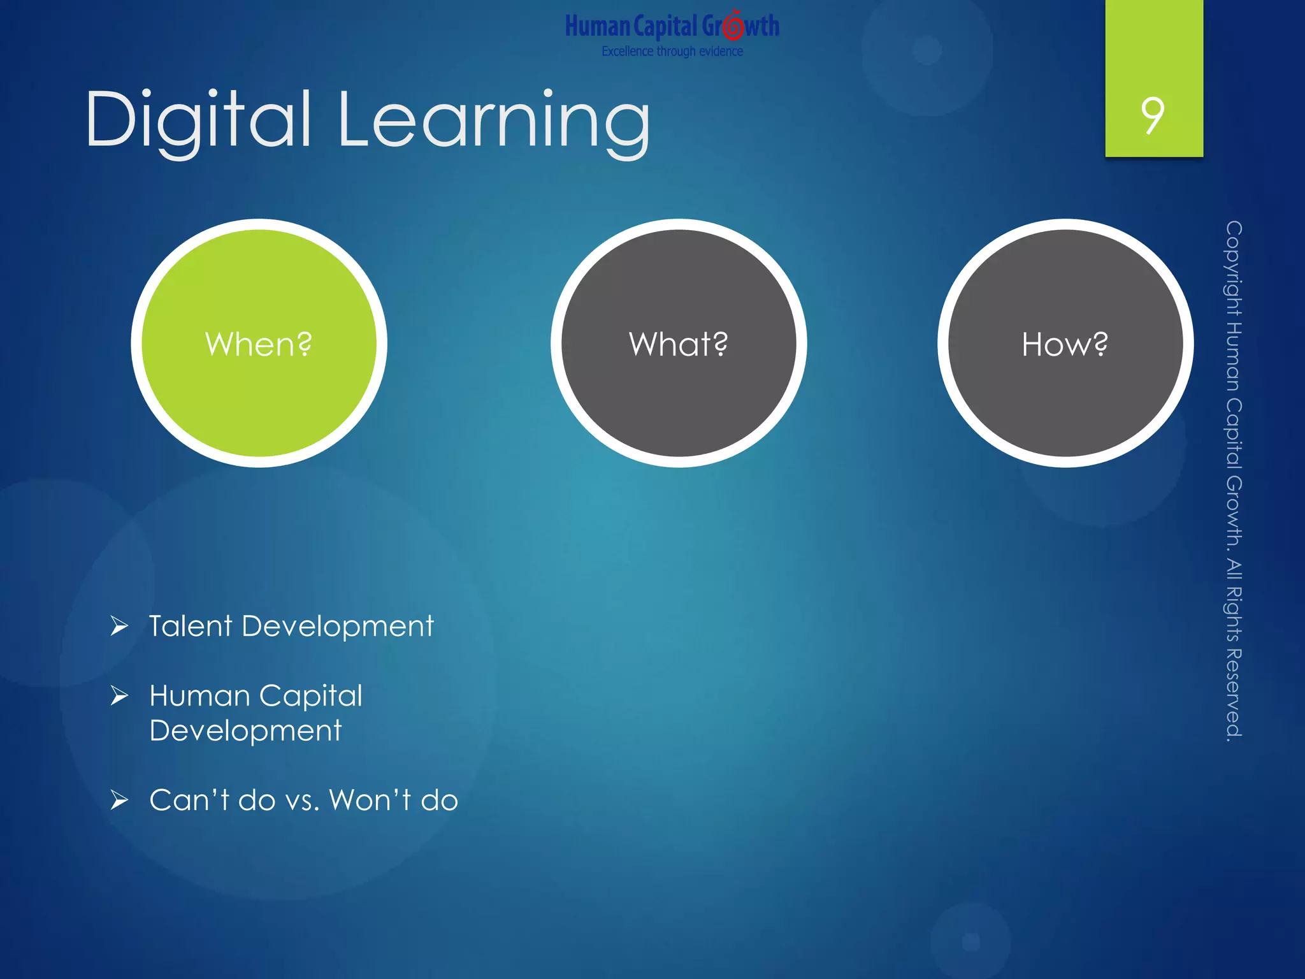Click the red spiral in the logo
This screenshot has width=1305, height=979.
[x=734, y=25]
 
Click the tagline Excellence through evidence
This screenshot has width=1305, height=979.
[x=672, y=51]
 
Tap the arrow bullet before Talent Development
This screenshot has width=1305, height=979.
[x=119, y=626]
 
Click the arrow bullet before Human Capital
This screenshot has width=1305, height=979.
[x=119, y=695]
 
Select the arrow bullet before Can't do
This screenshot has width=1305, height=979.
[x=119, y=799]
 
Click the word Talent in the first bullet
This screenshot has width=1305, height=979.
[x=191, y=626]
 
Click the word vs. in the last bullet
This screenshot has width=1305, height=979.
[x=302, y=801]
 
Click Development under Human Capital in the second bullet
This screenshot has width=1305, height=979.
[x=245, y=730]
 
